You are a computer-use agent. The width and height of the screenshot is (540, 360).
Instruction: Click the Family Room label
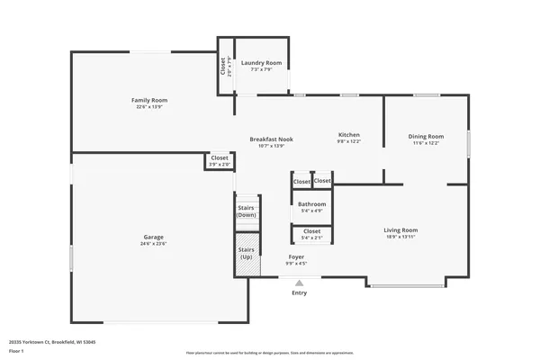149,100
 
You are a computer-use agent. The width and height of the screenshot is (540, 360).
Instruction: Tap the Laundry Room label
261,63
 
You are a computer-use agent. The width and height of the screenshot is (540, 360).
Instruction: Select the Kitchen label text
348,135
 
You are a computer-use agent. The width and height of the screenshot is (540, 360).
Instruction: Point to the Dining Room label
427,136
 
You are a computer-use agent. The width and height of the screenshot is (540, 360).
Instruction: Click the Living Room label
400,229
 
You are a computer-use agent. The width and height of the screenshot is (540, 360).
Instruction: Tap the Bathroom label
312,204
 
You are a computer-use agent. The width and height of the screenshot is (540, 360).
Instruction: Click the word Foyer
296,257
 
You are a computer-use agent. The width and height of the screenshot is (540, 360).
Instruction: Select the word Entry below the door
299,293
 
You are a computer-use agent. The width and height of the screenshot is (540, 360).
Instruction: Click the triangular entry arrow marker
299,282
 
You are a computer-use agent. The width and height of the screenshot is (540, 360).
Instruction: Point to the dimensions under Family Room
149,107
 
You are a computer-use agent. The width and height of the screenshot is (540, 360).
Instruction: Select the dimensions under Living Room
400,237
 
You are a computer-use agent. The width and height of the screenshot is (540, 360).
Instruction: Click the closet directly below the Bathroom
311,234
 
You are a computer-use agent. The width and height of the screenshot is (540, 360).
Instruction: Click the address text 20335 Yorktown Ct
52,341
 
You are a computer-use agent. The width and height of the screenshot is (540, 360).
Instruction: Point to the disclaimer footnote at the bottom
269,353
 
